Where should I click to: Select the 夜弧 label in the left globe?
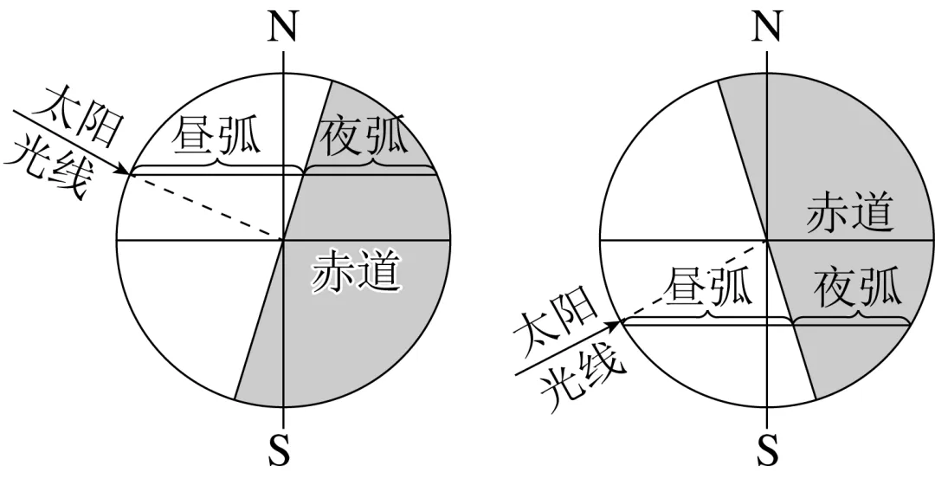(364, 137)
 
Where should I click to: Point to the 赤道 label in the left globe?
(357, 271)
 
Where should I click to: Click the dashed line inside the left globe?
(208, 206)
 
